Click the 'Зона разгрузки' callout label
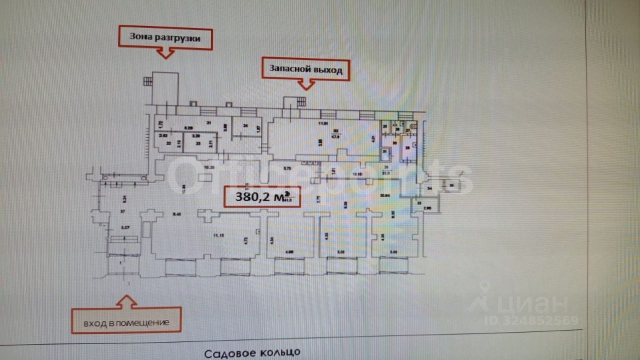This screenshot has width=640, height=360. click(164, 37)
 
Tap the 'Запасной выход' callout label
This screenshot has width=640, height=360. click(305, 69)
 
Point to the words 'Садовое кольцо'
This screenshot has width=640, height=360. click(252, 354)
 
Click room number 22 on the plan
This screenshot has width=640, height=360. click(161, 142)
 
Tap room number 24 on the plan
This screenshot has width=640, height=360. click(245, 126)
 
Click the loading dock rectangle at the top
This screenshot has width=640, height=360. click(165, 88)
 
